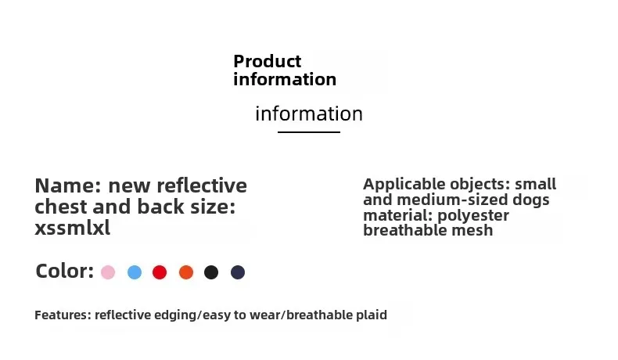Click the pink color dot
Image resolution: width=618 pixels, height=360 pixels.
pos(108,272)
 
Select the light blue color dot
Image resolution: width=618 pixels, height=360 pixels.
pos(135,272)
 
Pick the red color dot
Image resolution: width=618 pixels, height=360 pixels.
pos(160,272)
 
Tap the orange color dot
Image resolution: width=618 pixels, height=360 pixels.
pos(186,272)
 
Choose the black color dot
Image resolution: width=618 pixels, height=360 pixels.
pos(211,272)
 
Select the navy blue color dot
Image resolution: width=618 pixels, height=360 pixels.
pos(238,272)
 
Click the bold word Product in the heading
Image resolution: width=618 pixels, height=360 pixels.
pos(268,61)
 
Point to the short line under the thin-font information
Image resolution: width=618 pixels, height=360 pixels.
pos(309,132)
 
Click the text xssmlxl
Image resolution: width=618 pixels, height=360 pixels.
pos(73,228)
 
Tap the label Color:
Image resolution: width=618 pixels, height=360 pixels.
pos(65,272)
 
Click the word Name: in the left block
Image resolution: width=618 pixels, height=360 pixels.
pos(69,185)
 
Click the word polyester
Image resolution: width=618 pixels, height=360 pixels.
pos(473,215)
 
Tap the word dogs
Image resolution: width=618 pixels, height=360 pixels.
pos(531,200)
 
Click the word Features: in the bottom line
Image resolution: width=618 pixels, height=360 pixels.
pos(63,315)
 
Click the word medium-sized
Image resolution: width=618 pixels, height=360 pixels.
pos(452,200)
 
